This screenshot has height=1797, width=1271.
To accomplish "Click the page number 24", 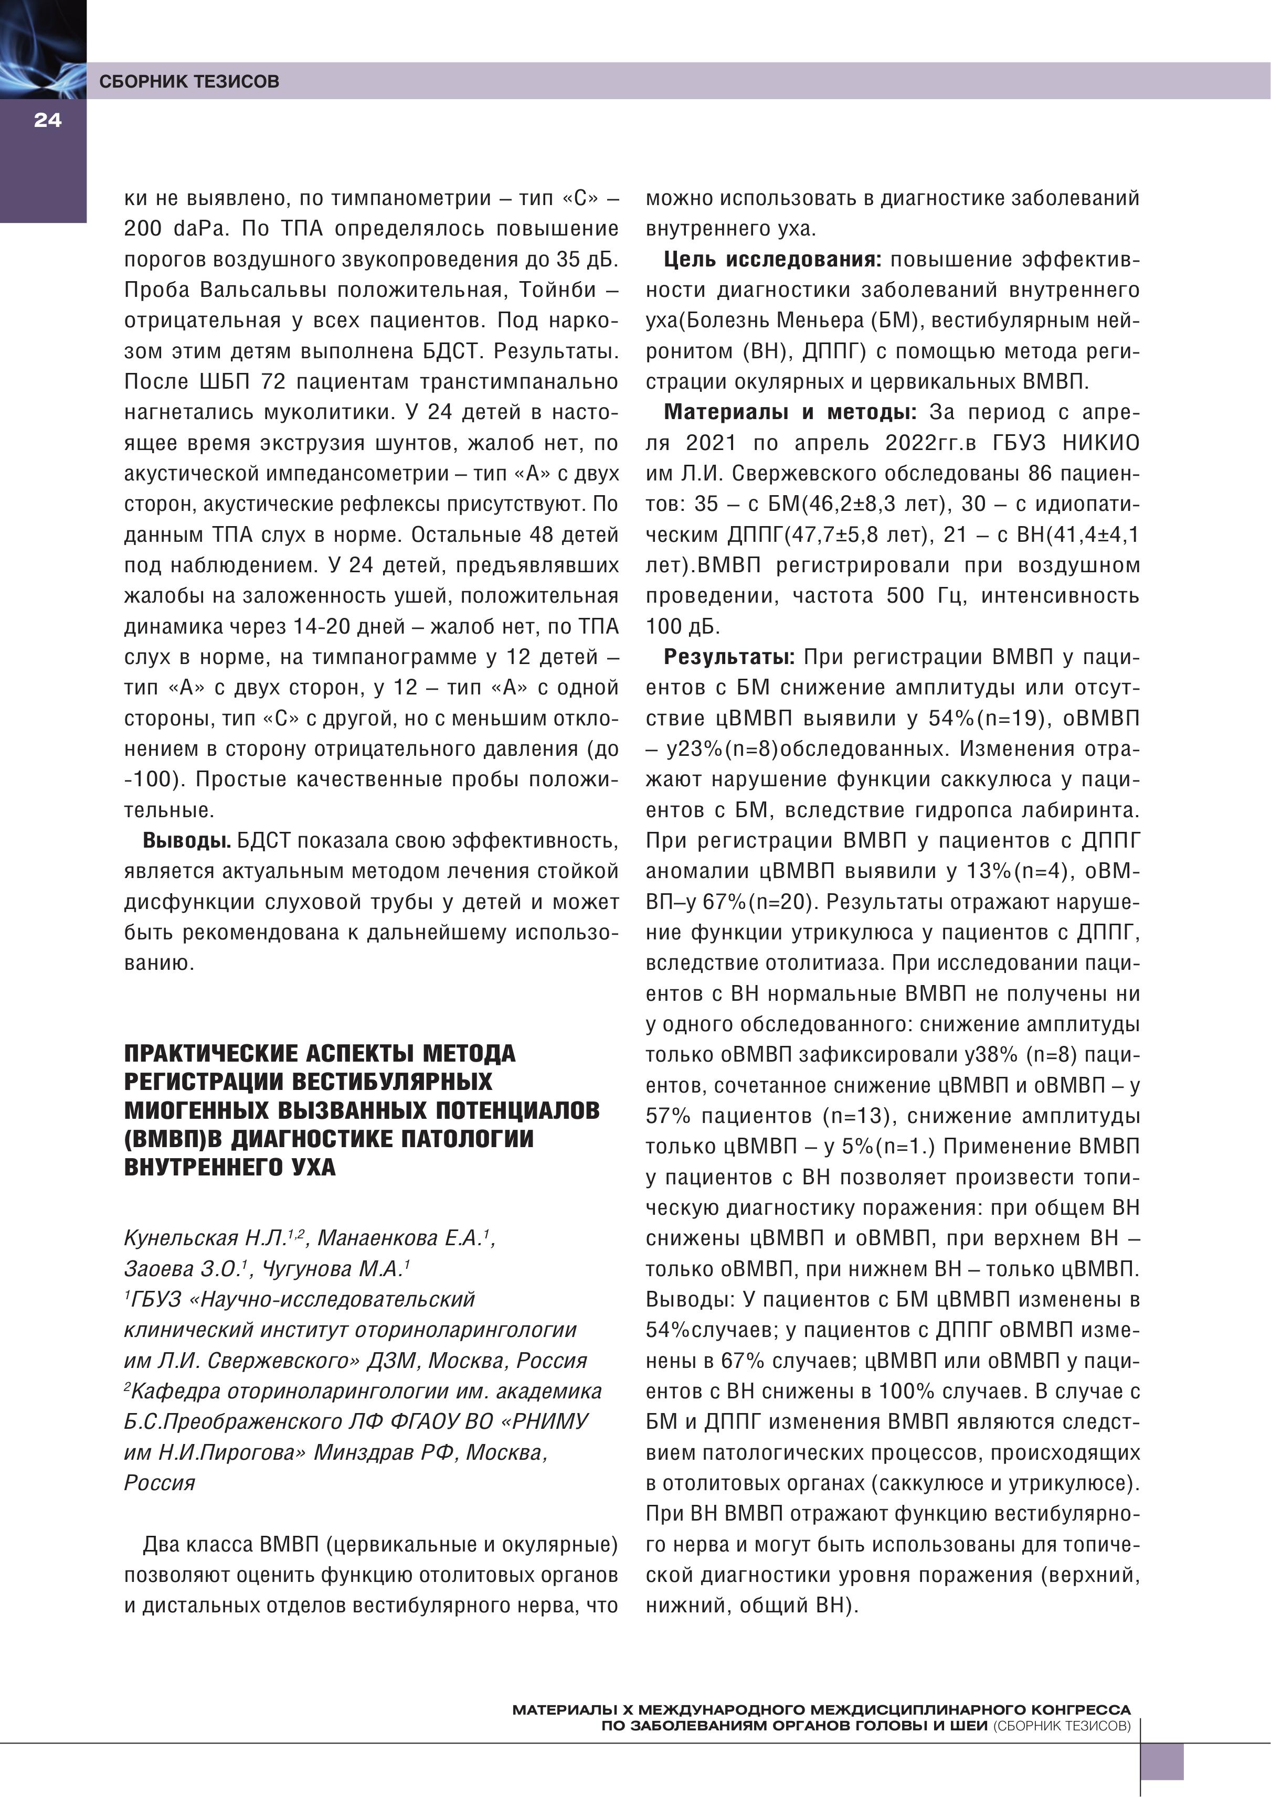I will tap(47, 121).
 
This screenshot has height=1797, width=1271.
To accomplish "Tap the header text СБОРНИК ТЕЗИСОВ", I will tap(189, 81).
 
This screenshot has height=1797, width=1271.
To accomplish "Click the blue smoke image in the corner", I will tap(43, 49).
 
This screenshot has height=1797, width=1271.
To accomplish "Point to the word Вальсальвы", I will tap(263, 291).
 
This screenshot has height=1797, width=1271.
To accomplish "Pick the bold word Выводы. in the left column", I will tap(186, 841).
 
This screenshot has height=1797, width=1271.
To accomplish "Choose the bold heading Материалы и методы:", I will tap(790, 412).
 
